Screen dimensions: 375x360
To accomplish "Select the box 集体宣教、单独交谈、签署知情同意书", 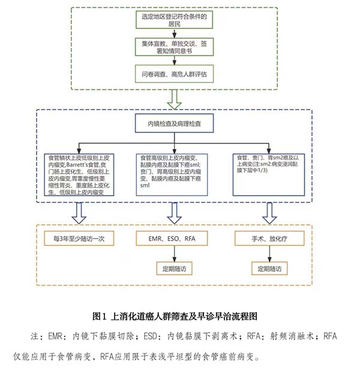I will pos(173,47).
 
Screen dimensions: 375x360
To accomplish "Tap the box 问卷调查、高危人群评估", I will pos(173,74).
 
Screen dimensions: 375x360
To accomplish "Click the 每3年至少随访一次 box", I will pos(78,239).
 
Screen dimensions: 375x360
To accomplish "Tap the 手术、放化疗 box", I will pos(269,239).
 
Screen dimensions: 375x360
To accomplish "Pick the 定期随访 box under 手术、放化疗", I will pos(269,268).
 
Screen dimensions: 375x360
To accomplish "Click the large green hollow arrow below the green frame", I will pos(174,98).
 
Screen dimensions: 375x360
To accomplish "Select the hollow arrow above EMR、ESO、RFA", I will pos(173,212).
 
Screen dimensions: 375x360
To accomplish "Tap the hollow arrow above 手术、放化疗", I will pos(269,212).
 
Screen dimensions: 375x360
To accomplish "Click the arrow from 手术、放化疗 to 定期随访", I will pos(269,254).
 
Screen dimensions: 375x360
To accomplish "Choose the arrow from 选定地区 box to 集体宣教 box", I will pos(173,34).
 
